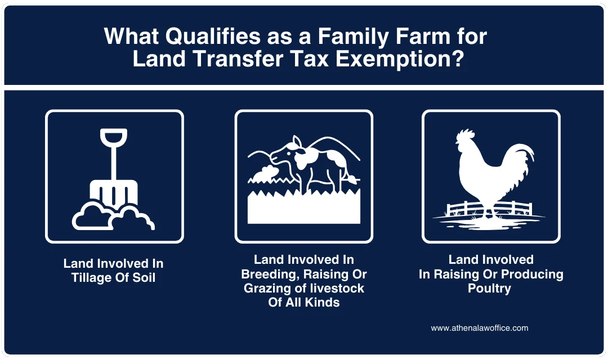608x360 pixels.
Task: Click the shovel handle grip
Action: pos(114,137)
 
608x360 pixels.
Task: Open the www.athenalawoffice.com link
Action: pos(479,328)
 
